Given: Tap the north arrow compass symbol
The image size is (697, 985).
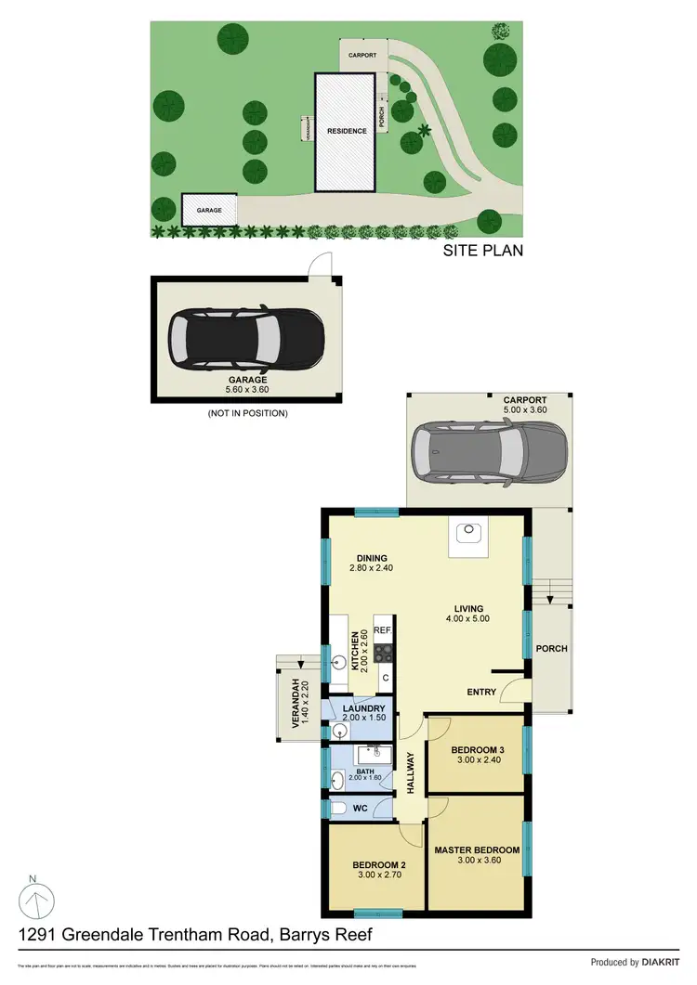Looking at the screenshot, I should pyautogui.click(x=34, y=898).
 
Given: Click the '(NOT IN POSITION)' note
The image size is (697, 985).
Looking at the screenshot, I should pyautogui.click(x=247, y=413).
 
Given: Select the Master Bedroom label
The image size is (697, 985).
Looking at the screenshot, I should pyautogui.click(x=477, y=849).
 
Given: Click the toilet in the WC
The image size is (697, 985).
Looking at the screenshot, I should pyautogui.click(x=339, y=809).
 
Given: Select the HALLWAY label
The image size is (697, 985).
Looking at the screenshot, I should pyautogui.click(x=410, y=771).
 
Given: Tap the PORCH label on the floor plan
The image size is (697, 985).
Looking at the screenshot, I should pyautogui.click(x=552, y=648).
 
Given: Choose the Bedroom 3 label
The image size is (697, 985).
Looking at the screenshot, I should pyautogui.click(x=476, y=750).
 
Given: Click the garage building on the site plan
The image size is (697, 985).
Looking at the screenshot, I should pyautogui.click(x=209, y=210).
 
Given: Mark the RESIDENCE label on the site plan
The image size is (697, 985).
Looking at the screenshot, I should pyautogui.click(x=346, y=131).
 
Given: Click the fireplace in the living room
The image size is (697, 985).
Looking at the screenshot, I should pyautogui.click(x=467, y=535).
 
